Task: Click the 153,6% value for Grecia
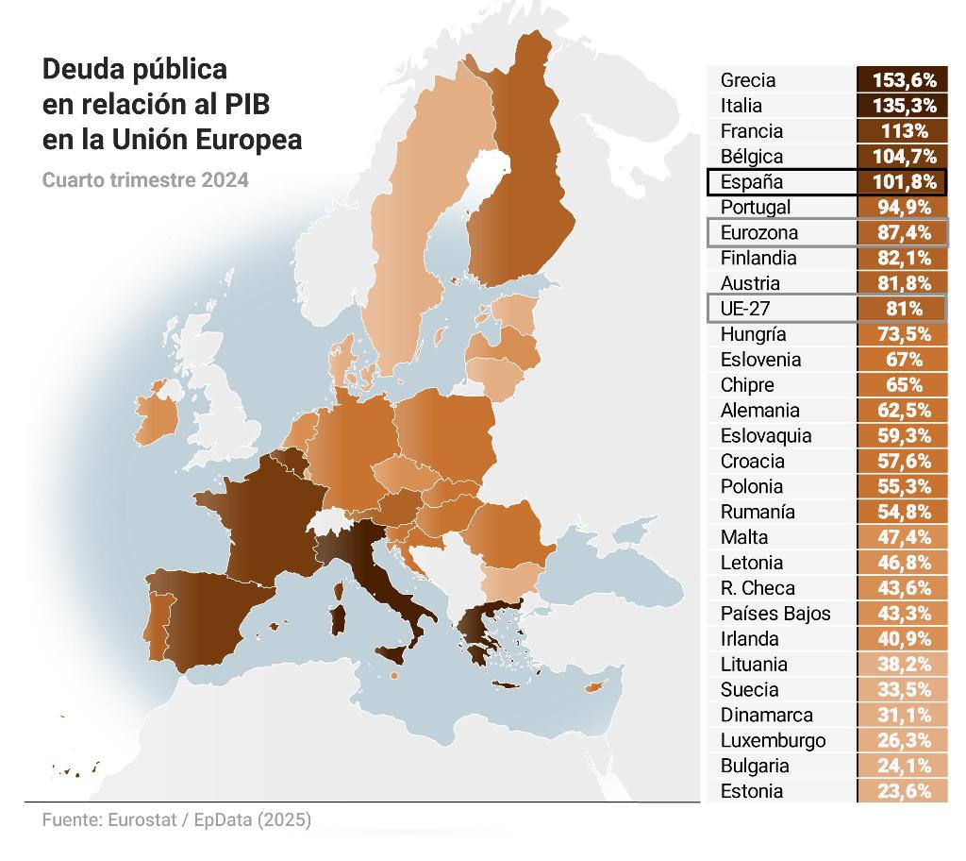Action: [902, 80]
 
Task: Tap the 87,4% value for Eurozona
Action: [902, 233]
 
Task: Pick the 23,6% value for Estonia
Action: [902, 791]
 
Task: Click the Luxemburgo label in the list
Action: [773, 740]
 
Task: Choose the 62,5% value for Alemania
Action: [902, 411]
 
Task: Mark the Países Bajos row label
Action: [775, 614]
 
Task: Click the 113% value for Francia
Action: [902, 131]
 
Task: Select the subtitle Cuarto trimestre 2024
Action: [145, 179]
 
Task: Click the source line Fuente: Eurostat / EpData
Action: [176, 819]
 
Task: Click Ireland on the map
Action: [158, 423]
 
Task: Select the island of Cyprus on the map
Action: [594, 686]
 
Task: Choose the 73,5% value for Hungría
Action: [902, 334]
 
